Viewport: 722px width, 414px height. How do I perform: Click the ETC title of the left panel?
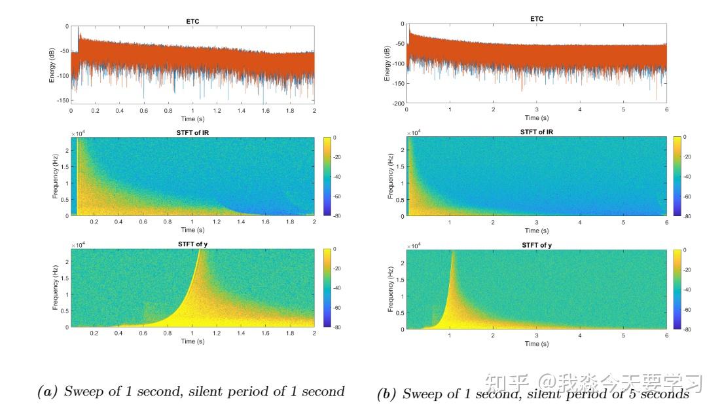coord(192,22)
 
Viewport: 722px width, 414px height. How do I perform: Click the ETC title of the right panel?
coord(536,19)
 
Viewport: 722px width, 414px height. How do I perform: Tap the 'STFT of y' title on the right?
coord(536,246)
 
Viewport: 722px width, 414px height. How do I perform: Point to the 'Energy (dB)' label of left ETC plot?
coord(52,64)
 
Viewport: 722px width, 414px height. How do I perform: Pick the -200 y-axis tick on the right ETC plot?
coord(397,104)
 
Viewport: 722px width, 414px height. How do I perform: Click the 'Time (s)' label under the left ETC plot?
coord(192,119)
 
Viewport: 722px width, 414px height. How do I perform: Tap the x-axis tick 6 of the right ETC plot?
coord(666,110)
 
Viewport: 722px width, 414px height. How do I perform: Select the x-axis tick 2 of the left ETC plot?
coord(314,111)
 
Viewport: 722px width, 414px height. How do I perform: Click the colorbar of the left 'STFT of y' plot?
coord(327,288)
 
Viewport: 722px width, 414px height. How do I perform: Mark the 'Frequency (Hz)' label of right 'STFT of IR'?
coord(391,176)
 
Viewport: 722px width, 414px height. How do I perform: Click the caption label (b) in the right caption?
coord(388,394)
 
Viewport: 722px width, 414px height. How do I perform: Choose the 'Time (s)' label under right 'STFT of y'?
coord(536,344)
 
